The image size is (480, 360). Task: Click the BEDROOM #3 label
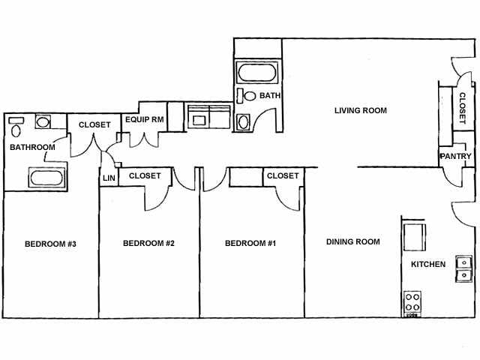tap(50, 243)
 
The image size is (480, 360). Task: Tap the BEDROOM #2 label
tap(148, 243)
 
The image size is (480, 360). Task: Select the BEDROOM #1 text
tap(250, 243)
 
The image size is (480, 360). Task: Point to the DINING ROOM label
tap(352, 241)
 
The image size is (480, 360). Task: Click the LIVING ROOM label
tap(360, 111)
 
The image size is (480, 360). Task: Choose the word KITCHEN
tap(428, 264)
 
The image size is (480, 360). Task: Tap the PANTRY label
tap(456, 157)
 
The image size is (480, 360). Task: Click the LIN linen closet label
tap(108, 177)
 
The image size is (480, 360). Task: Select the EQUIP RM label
tap(144, 119)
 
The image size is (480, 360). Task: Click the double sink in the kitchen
tap(463, 268)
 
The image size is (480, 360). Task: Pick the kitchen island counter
tap(412, 235)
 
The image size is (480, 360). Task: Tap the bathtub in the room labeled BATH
tap(256, 74)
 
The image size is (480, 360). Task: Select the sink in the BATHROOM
tap(43, 121)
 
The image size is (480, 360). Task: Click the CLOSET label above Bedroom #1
tap(283, 175)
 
